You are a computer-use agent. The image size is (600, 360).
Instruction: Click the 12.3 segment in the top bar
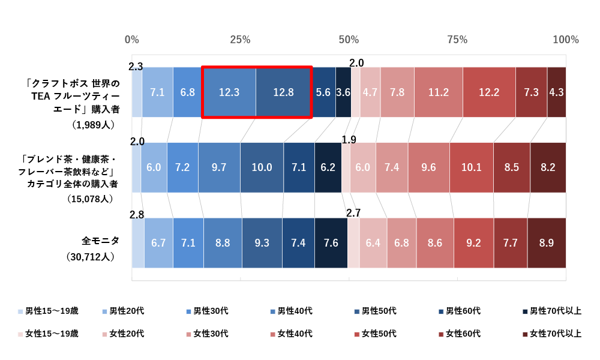point(229,92)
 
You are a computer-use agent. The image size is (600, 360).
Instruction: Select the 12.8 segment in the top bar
point(283,92)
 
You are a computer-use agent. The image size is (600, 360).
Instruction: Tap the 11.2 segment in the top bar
point(439,92)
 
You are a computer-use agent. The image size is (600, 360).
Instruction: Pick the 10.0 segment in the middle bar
point(262,167)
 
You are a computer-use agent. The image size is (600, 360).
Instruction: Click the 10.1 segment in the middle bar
point(472,167)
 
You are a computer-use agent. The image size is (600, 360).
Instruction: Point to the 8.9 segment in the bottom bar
point(547,243)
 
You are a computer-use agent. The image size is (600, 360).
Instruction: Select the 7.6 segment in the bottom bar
point(331,243)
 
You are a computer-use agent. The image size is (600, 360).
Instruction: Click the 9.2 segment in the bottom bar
point(473,243)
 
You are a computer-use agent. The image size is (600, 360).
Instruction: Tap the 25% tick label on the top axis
point(240,40)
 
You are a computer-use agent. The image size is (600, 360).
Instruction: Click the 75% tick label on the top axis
point(457,40)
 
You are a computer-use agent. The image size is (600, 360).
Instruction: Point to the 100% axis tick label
point(565,40)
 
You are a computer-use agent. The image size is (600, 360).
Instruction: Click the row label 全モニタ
point(100,241)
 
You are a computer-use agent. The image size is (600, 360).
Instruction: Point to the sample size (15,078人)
point(93,199)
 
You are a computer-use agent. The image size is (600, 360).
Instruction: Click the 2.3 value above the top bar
point(136,67)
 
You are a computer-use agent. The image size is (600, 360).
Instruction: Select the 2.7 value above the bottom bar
point(353,212)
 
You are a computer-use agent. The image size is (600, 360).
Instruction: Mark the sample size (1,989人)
point(93,125)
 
